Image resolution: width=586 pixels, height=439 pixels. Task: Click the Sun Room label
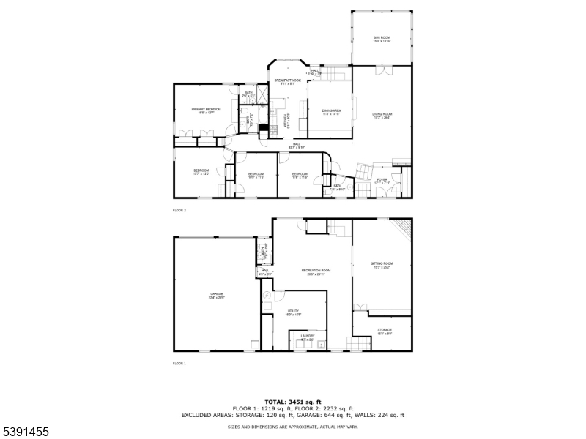click(382, 39)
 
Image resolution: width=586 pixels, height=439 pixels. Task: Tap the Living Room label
click(382, 116)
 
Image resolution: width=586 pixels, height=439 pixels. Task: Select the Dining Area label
click(332, 112)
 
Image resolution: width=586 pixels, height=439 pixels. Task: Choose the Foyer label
click(382, 181)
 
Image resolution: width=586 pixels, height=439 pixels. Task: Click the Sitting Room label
click(382, 264)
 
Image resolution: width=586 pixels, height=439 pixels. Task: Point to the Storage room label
click(384, 331)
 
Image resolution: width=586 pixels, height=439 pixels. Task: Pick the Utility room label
click(293, 313)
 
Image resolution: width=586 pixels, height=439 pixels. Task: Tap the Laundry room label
click(308, 337)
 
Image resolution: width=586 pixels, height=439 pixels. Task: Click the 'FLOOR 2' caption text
click(179, 211)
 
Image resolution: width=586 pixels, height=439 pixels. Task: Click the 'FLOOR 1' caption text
click(179, 363)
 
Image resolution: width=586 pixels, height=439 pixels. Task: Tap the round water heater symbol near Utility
click(267, 296)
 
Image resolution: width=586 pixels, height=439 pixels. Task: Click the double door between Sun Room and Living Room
click(382, 70)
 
